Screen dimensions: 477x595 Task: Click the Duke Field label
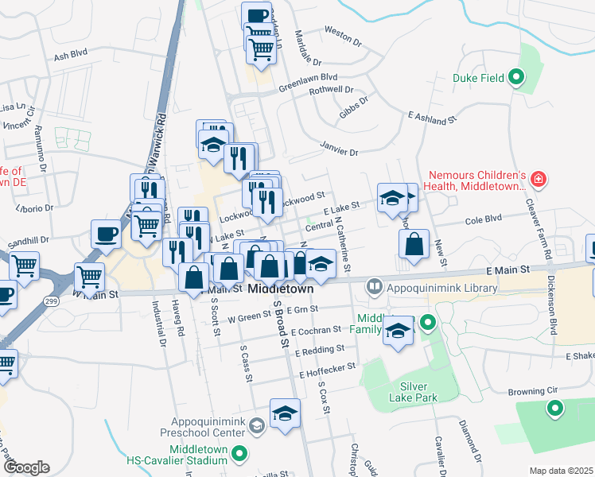coord(480,78)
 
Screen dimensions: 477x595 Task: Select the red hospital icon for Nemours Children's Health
coord(539,180)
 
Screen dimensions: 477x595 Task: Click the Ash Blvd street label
coord(70,57)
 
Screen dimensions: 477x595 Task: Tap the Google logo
coord(25,467)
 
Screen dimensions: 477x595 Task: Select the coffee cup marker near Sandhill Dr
coord(106,233)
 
